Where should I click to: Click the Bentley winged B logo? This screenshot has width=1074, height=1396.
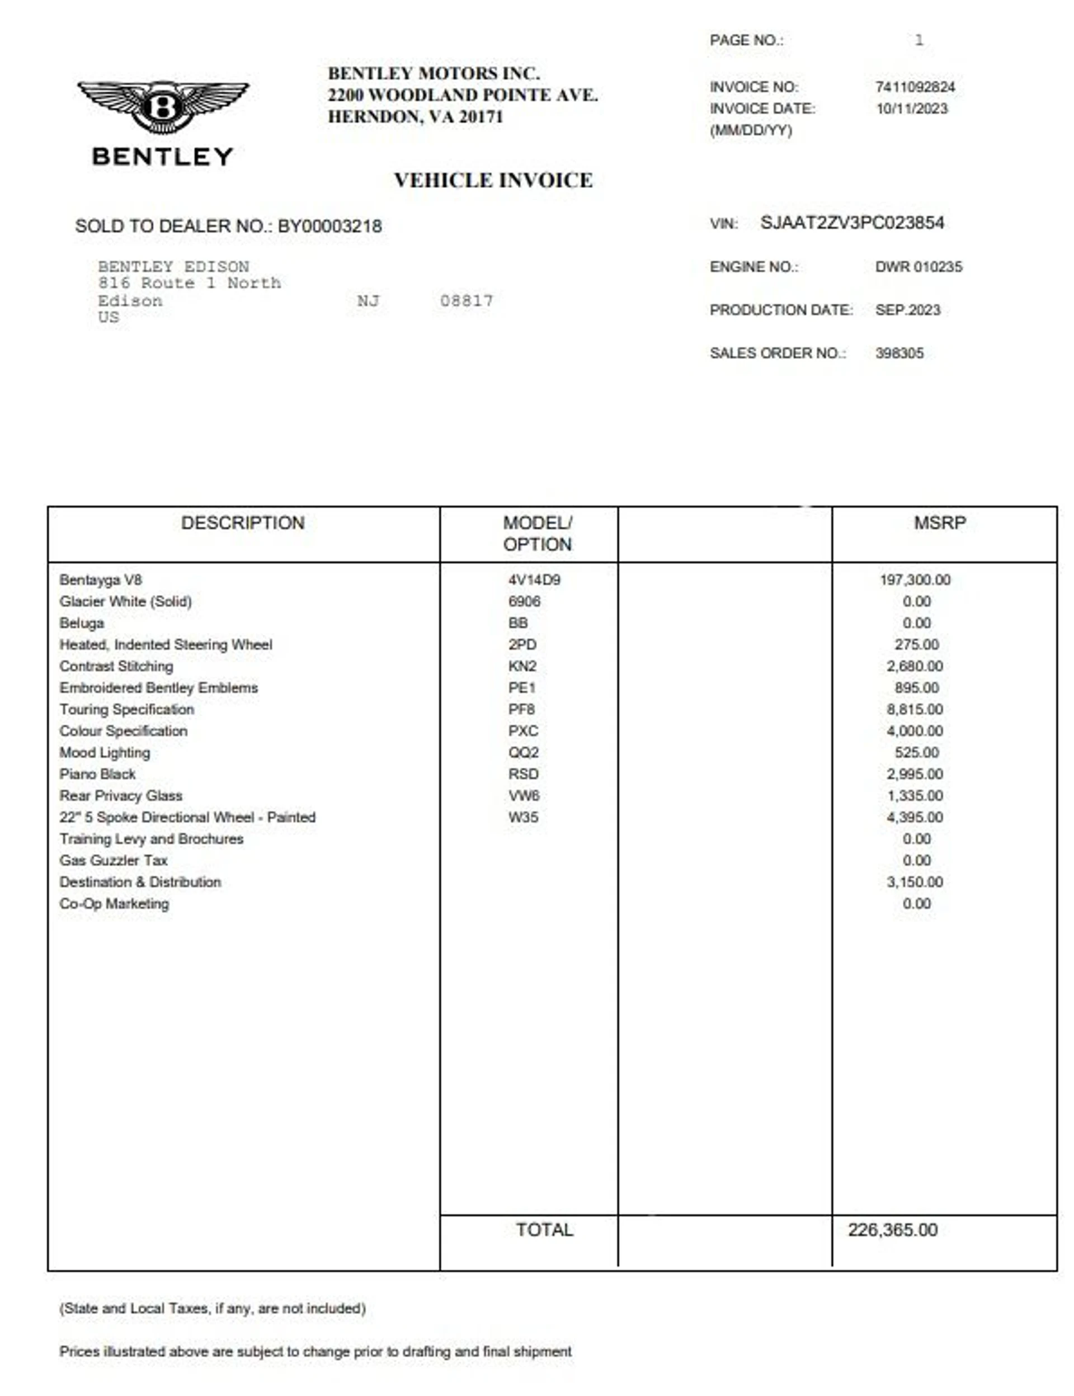[x=163, y=106]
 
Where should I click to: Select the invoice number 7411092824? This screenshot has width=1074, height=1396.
[x=915, y=87]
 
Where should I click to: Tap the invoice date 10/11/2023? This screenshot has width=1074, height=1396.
[x=912, y=109]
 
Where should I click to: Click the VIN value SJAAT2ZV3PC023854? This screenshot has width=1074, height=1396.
[x=852, y=223]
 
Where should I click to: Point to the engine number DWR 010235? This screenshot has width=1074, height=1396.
[x=918, y=267]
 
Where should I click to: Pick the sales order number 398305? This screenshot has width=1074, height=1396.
[x=899, y=353]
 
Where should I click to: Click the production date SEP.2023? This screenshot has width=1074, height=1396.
[x=908, y=310]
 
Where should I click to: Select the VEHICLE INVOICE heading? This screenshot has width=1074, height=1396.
[x=493, y=180]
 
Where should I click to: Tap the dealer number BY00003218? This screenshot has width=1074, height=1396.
[x=330, y=227]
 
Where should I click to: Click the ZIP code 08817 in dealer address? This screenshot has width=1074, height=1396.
[x=466, y=300]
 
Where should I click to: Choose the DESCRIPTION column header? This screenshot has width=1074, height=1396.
[x=243, y=523]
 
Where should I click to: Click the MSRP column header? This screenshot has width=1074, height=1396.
[x=940, y=523]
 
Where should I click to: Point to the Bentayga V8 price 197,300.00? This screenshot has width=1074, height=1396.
[x=915, y=580]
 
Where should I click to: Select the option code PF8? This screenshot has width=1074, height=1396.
[x=522, y=710]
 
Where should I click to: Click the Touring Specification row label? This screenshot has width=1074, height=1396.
[x=126, y=710]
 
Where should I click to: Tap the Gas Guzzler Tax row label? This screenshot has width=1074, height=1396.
[x=114, y=860]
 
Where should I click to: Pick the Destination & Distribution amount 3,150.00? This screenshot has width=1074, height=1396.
[x=915, y=882]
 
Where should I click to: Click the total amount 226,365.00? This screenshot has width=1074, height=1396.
[x=892, y=1230]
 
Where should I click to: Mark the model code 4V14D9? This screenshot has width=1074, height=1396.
[x=534, y=580]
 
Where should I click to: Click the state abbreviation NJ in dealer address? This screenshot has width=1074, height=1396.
[x=368, y=300]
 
